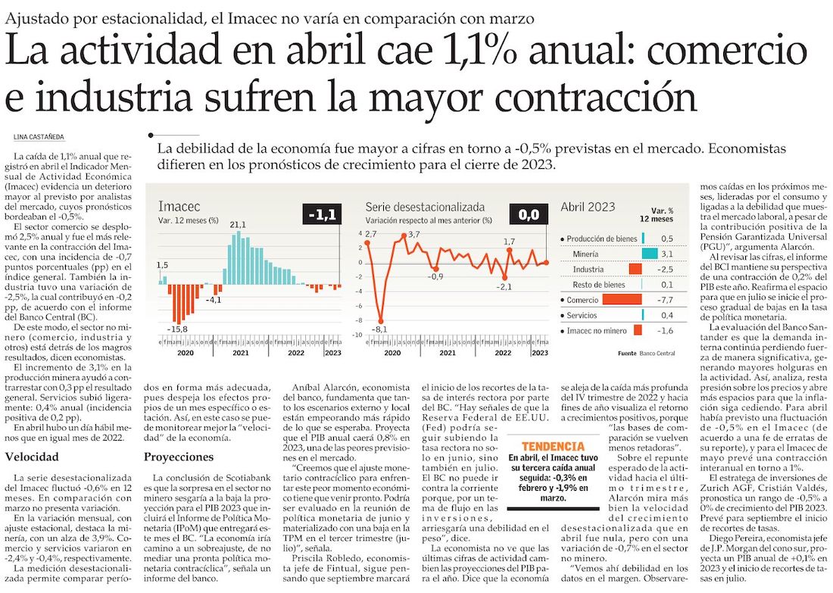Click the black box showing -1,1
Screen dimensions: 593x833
coord(322,217)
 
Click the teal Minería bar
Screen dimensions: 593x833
coord(649,254)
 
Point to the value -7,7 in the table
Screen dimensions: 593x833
coord(666,300)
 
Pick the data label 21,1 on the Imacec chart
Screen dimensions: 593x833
coord(238,224)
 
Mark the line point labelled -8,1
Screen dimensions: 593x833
coord(381,322)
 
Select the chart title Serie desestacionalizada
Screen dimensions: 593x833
coord(425,207)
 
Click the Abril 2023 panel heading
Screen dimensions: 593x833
coord(588,207)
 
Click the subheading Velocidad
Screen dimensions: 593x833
coord(31,457)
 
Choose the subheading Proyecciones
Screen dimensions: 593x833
coord(179,457)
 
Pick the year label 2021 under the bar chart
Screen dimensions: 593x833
coord(240,352)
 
